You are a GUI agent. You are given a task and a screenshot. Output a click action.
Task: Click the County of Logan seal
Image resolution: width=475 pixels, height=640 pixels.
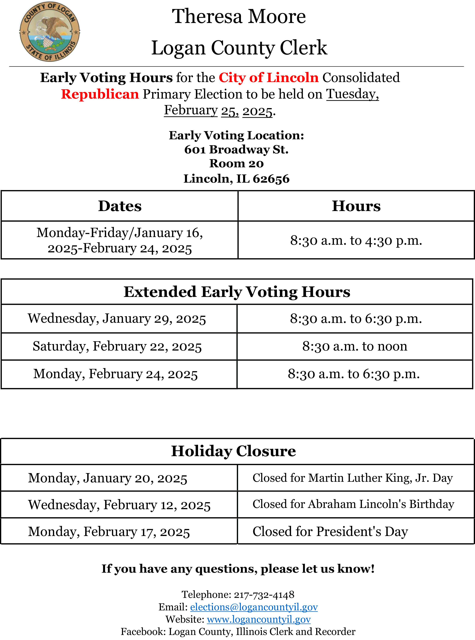[50, 32]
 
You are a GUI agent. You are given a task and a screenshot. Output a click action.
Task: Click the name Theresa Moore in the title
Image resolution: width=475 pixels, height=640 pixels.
[239, 16]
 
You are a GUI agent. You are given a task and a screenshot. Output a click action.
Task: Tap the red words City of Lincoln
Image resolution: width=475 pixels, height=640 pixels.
[268, 77]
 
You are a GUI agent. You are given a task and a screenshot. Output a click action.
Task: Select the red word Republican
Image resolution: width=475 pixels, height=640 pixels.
[100, 94]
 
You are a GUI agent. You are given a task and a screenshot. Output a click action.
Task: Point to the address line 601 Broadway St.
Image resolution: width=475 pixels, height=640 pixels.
[236, 149]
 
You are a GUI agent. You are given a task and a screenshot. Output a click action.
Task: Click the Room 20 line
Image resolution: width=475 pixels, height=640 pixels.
[236, 163]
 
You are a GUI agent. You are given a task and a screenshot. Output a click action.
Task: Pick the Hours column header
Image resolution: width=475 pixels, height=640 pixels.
[356, 206]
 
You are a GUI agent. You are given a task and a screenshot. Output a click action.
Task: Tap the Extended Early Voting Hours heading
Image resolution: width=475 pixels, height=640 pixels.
[237, 292]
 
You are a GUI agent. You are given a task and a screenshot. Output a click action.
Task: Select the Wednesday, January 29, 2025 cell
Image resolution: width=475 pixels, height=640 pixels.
[117, 319]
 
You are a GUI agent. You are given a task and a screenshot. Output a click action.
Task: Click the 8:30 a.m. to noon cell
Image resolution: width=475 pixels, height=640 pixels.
[354, 346]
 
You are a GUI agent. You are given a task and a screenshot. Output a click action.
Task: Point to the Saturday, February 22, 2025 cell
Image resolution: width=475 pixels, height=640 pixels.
[117, 346]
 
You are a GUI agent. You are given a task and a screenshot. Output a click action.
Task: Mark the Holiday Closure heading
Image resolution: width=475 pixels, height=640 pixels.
[233, 451]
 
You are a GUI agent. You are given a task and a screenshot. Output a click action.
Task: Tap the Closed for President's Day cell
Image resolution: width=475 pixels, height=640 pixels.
[330, 532]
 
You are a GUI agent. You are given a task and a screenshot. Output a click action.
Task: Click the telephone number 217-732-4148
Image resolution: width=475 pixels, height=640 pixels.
[264, 594]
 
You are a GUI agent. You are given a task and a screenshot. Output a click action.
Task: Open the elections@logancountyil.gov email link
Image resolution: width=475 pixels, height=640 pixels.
[254, 607]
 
